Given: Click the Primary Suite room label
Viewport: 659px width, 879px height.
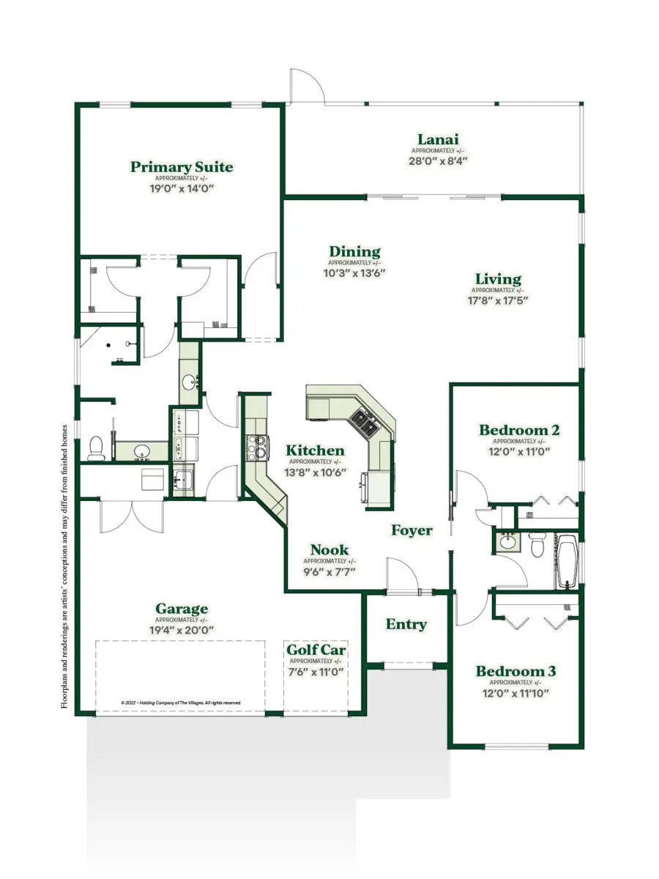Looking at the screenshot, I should [x=182, y=167].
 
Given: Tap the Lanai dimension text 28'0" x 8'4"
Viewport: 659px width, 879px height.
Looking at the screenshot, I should [x=438, y=160].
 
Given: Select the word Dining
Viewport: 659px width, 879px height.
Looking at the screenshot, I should [x=354, y=252].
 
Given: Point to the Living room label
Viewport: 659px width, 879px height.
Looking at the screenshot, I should [x=498, y=279].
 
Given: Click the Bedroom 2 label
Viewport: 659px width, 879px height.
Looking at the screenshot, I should [x=519, y=430].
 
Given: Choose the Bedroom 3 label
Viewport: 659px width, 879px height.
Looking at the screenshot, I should [x=515, y=671].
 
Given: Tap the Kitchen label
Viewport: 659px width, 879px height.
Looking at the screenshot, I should [x=315, y=450].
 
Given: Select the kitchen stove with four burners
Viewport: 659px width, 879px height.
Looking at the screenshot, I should [x=258, y=446].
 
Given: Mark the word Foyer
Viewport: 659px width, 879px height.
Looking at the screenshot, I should [x=412, y=530].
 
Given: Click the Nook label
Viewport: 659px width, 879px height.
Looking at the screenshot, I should [x=329, y=550].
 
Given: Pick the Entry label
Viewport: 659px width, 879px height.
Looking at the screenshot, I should [x=406, y=625].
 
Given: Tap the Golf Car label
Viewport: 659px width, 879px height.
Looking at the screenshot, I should [x=316, y=650].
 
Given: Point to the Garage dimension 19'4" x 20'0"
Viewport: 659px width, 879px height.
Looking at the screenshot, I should [x=182, y=628].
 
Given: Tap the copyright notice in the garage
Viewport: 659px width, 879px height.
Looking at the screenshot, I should [x=180, y=702].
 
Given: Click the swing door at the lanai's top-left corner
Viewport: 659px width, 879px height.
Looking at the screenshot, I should [x=307, y=86].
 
